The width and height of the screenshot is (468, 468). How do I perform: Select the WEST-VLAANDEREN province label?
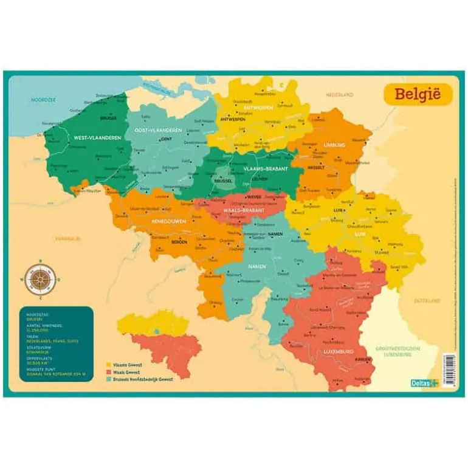[x=98, y=138]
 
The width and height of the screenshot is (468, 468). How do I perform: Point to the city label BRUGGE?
[x=108, y=119]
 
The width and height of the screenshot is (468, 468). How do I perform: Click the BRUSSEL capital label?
[x=224, y=181]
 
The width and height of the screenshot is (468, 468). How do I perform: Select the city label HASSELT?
[x=316, y=167]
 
